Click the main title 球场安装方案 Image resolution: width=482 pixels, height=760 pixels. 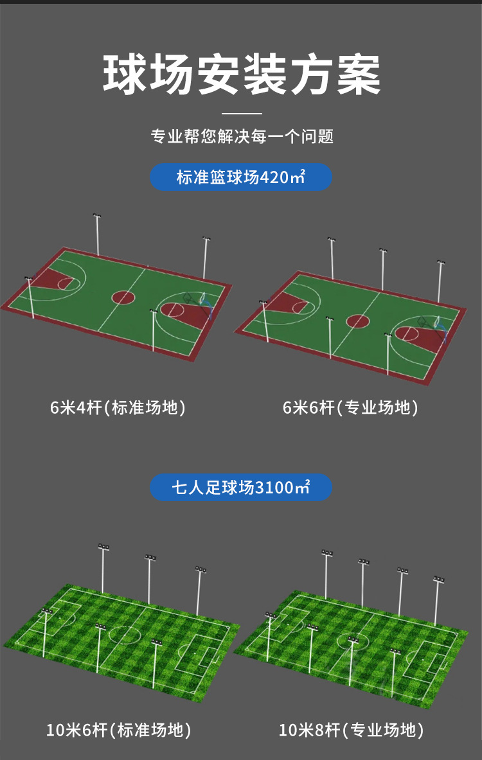tap(241, 75)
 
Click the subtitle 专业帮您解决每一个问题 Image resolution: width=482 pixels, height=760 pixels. tap(241, 136)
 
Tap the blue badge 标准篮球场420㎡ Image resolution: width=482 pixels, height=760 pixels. tap(241, 177)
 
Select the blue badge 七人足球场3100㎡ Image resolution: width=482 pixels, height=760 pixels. tap(241, 488)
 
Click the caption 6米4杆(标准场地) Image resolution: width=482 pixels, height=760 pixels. tap(118, 408)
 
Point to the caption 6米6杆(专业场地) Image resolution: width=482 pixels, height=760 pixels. tap(350, 408)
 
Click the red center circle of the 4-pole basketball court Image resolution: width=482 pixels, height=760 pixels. tap(123, 297)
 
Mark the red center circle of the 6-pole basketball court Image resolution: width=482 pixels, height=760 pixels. tap(357, 321)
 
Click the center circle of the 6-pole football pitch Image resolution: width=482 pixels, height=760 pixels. tap(125, 634)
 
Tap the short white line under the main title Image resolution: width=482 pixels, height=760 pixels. tap(241, 114)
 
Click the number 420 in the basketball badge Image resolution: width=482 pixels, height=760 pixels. tap(276, 177)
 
